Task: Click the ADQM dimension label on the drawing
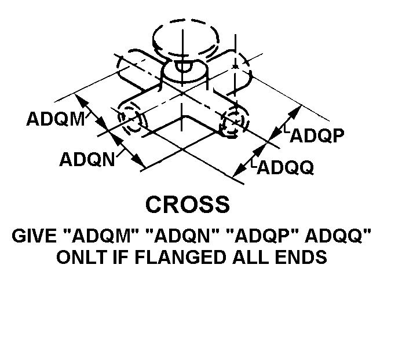56,119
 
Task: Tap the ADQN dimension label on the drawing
87,160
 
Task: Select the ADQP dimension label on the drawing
317,135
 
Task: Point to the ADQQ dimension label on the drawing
286,168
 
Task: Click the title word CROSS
188,204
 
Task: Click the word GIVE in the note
34,236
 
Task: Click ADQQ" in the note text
338,236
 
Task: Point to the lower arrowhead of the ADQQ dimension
239,171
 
